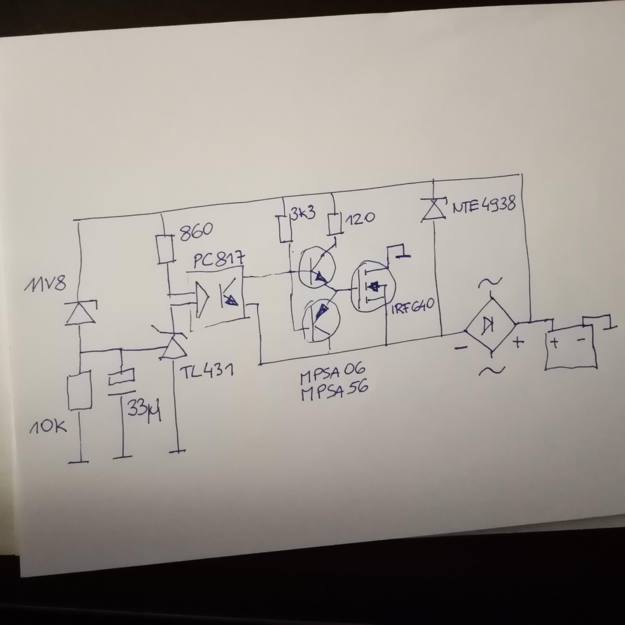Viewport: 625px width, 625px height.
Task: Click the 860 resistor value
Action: tap(196, 232)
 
